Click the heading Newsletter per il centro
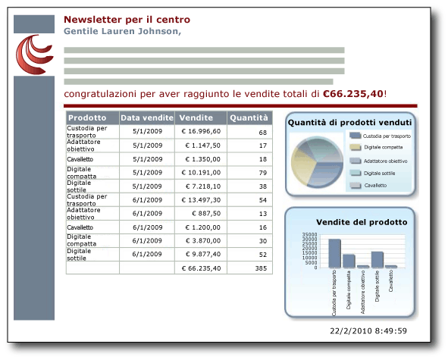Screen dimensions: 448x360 [x=127, y=20]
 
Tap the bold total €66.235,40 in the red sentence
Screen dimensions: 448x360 [x=352, y=94]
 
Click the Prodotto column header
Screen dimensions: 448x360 [x=86, y=117]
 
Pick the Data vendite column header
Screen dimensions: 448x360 [x=147, y=117]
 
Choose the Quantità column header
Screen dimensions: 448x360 [x=249, y=117]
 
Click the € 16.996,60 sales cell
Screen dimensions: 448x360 [x=201, y=131]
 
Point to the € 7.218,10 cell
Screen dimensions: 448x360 [x=201, y=186]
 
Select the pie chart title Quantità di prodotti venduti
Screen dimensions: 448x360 [x=349, y=122]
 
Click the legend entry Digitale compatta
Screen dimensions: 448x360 [x=383, y=147]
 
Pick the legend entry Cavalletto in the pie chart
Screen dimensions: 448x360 [x=375, y=185]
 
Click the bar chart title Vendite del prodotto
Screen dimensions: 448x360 [x=361, y=222]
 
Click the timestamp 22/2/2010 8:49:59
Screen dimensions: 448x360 [x=368, y=331]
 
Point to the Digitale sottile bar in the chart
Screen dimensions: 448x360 [x=377, y=259]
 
